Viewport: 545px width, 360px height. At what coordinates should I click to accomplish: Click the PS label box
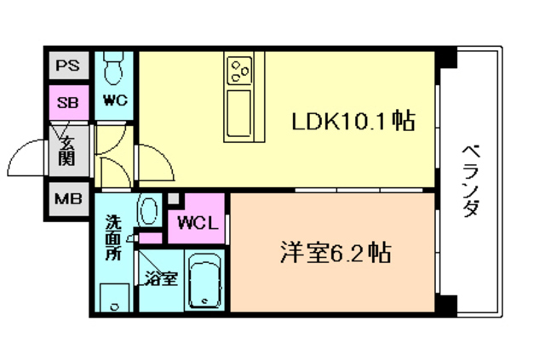point(66,65)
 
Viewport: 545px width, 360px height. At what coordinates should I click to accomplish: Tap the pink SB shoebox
point(66,103)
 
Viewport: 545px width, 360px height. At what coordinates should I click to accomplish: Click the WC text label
point(116,100)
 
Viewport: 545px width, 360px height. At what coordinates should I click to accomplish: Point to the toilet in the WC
point(114,66)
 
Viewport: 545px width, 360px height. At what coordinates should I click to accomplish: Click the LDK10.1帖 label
point(353,123)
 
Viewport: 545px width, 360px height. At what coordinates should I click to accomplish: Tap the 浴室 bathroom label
point(160,277)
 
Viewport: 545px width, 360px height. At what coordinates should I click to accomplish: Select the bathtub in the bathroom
point(204,282)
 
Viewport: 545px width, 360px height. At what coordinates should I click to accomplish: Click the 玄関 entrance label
point(67,151)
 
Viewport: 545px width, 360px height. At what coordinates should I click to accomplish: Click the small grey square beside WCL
point(175,200)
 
